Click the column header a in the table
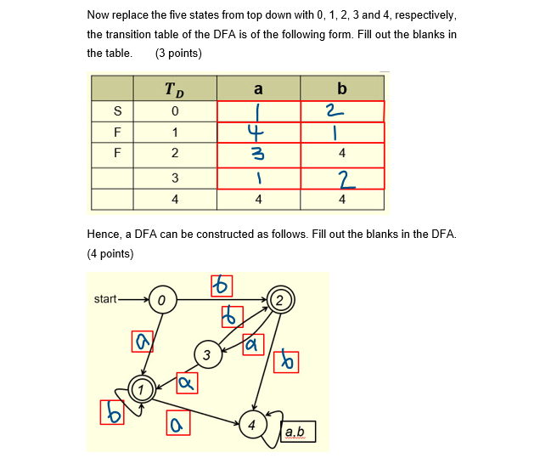pos(258,88)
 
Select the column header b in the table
pos(341,88)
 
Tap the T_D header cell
pos(174,88)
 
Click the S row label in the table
pos(117,111)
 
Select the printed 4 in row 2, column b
pos(341,154)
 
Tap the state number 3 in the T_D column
pos(174,178)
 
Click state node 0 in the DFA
pos(162,300)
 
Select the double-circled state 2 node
pos(280,299)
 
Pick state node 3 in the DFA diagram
pos(206,354)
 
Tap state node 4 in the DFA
pos(251,423)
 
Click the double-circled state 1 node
pos(143,388)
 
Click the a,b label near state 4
pos(295,433)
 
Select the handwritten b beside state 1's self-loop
pos(112,412)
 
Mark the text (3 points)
pos(178,53)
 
